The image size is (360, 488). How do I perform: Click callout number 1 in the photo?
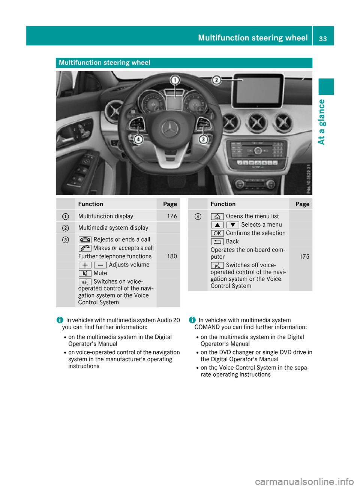pos(175,80)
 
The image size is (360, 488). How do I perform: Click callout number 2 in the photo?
pos(216,80)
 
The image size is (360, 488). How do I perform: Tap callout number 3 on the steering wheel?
pos(203,139)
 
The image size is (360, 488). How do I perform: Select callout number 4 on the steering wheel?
pos(138,139)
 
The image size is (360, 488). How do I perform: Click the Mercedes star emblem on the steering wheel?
pos(170,129)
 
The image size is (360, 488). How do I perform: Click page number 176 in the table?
pos(172,216)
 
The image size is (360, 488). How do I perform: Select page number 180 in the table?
pos(172,256)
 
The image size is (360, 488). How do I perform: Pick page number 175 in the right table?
pos(304,257)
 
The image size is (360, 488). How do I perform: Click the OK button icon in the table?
pos(217,233)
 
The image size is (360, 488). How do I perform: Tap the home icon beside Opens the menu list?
pos(217,216)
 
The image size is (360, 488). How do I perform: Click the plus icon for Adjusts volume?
pos(85,265)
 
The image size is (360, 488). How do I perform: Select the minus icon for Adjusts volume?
pos(100,265)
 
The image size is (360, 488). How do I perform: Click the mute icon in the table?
pos(85,273)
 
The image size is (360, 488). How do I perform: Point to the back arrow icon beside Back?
pos(217,242)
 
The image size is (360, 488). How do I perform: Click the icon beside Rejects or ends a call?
pos(85,240)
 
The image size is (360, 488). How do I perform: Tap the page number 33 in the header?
pos(323,39)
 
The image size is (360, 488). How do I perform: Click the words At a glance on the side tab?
pos(321,122)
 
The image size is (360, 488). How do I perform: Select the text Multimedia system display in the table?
pos(113,228)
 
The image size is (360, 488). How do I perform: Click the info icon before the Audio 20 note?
pos(60,320)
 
